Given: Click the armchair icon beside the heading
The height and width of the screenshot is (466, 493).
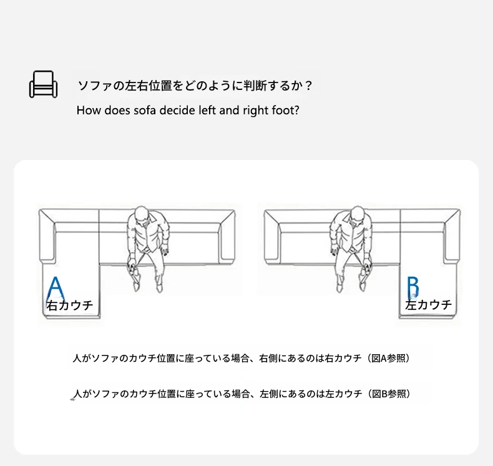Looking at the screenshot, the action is [44, 84].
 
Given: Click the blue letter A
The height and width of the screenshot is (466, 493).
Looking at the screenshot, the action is [56, 289].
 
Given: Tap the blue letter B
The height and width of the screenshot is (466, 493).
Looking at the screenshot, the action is [413, 287].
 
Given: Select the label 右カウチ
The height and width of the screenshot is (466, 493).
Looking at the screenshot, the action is [70, 305].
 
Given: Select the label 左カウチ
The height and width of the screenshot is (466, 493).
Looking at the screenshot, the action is [428, 305].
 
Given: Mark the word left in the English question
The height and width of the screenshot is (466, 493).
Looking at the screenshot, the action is [207, 111].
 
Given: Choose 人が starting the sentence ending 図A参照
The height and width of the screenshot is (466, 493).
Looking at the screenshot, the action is [82, 359].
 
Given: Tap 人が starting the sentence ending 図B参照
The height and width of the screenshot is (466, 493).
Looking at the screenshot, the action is [83, 394].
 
